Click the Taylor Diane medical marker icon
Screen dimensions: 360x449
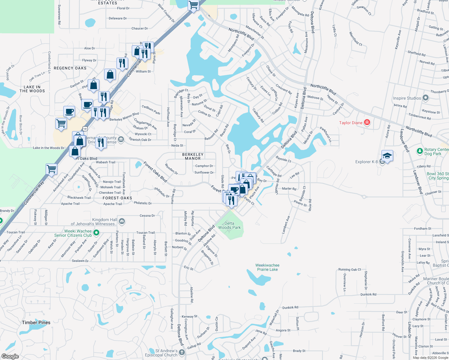[x=367, y=122]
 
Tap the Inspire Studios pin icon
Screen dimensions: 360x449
[x=425, y=98]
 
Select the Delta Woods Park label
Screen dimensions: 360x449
[x=229, y=225]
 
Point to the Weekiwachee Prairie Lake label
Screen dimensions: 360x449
[x=267, y=267]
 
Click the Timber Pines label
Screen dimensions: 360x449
[x=36, y=322]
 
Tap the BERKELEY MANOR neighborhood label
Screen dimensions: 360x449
[x=193, y=156]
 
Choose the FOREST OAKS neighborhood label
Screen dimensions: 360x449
[x=117, y=198]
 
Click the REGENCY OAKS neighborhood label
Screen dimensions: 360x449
[x=70, y=68]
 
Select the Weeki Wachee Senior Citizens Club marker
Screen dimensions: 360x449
[x=96, y=232]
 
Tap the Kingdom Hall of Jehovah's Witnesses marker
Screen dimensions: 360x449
[x=122, y=221]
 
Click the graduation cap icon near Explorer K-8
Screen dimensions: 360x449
[x=387, y=156]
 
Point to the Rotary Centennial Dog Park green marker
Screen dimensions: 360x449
[x=420, y=151]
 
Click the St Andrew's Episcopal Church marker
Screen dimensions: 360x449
[x=182, y=352]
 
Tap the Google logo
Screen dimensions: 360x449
[x=10, y=356]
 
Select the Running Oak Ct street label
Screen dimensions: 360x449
[x=350, y=269]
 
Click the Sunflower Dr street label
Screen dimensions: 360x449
[x=204, y=172]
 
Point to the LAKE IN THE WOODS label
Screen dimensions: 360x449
[x=32, y=89]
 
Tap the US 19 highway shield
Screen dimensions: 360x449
[x=85, y=129]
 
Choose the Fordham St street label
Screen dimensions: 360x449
[x=422, y=229]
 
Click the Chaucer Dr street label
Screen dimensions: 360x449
[x=140, y=28]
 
